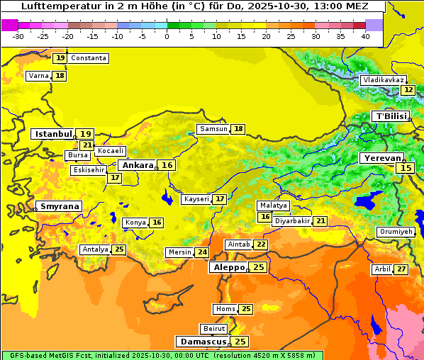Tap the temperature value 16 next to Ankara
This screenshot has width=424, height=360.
click(x=167, y=165)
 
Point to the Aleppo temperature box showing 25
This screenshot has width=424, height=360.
click(x=259, y=267)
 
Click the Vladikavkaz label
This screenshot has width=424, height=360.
click(x=383, y=80)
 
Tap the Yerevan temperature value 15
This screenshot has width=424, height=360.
click(x=405, y=168)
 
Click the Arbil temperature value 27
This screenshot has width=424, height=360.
click(x=401, y=269)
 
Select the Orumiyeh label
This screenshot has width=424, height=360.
click(x=395, y=232)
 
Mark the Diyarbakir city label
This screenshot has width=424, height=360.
click(x=292, y=221)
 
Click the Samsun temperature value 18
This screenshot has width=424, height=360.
click(x=239, y=129)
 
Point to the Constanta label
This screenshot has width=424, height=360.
click(x=89, y=58)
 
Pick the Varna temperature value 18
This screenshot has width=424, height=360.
click(x=60, y=76)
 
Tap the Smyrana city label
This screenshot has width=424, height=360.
click(x=59, y=206)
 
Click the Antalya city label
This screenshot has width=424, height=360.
click(x=95, y=249)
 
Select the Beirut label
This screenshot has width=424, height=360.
click(x=214, y=329)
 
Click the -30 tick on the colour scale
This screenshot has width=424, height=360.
click(x=18, y=35)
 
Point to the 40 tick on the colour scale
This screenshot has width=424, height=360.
click(x=365, y=35)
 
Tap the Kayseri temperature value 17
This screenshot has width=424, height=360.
click(x=221, y=199)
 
